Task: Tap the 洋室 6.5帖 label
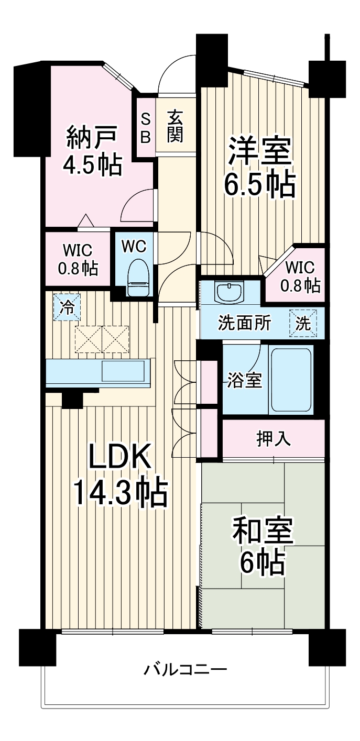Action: point(259,168)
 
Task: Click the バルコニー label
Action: point(186,670)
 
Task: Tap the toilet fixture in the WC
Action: point(139,273)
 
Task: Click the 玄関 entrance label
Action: point(175,127)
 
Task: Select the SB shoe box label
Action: point(146,127)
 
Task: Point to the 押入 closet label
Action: point(274,438)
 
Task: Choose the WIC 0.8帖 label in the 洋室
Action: point(300,277)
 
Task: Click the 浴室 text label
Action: point(245,381)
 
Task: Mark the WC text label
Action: point(134,245)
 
